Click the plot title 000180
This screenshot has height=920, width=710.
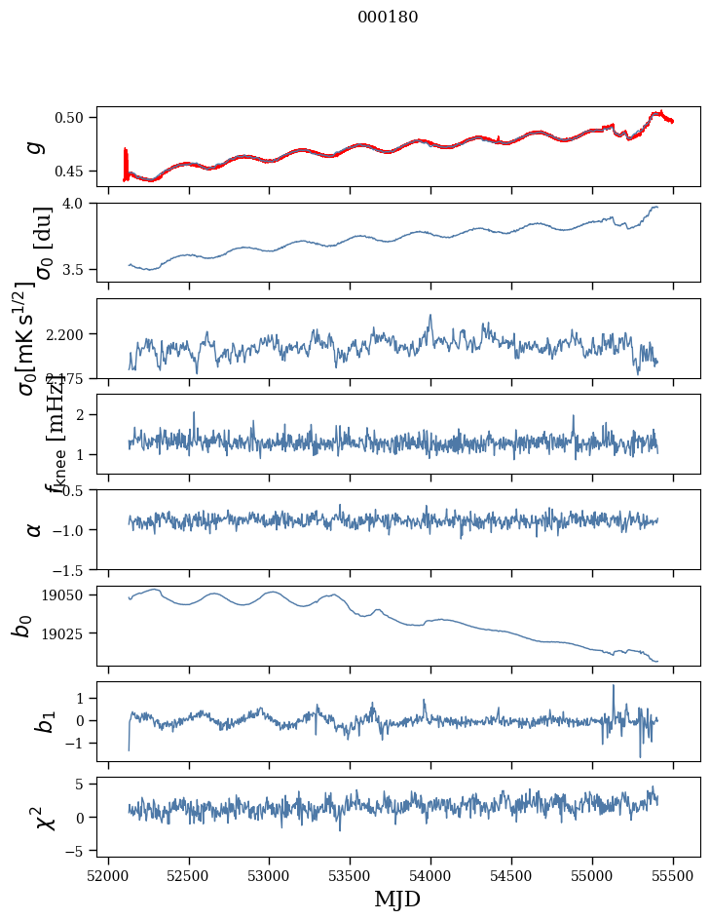[388, 18]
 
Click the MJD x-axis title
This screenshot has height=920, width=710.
[397, 899]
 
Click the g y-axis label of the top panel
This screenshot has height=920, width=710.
[35, 146]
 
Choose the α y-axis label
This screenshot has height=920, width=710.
[35, 529]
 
